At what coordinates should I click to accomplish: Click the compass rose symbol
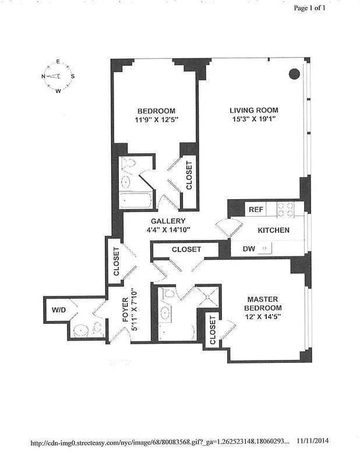click(x=58, y=76)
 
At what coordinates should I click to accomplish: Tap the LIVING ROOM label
click(x=253, y=110)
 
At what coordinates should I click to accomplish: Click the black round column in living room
click(x=295, y=74)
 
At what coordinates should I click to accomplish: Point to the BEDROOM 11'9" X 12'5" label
click(x=156, y=116)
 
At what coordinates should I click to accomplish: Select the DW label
click(x=239, y=249)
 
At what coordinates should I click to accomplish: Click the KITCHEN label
click(x=273, y=230)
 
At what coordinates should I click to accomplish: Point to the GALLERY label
click(x=168, y=221)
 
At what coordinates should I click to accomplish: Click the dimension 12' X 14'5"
click(x=263, y=318)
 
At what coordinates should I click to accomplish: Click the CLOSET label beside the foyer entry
click(x=116, y=262)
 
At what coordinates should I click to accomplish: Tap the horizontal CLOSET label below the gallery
click(x=186, y=249)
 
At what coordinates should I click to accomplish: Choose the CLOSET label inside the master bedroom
click(x=213, y=331)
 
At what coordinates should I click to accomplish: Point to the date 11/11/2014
click(x=317, y=442)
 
